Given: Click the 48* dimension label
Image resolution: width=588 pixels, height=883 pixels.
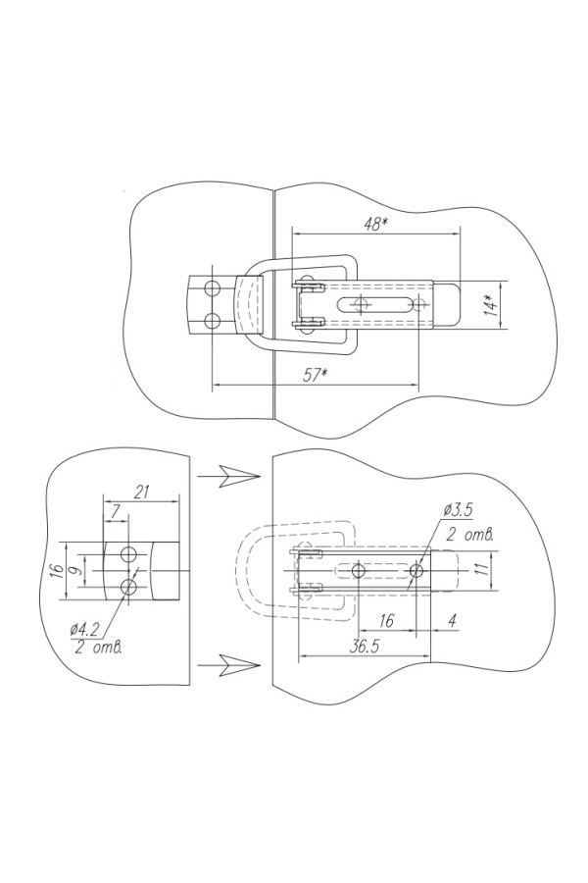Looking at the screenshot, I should [x=374, y=223].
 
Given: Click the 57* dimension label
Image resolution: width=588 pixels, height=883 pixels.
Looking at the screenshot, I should [x=315, y=376].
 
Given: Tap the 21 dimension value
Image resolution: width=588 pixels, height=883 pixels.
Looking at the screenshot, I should [x=141, y=493].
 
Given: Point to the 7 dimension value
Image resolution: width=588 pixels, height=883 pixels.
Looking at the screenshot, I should [x=116, y=512].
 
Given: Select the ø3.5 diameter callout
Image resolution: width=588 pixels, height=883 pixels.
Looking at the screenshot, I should [x=460, y=510].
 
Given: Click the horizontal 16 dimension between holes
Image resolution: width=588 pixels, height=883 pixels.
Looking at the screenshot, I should [x=386, y=621].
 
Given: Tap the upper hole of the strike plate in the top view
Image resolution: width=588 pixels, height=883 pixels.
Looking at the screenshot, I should [x=211, y=289].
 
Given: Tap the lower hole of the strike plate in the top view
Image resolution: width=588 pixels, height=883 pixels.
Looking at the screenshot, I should [x=211, y=321].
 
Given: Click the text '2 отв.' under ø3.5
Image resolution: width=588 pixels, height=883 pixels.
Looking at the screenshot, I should [x=467, y=535].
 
